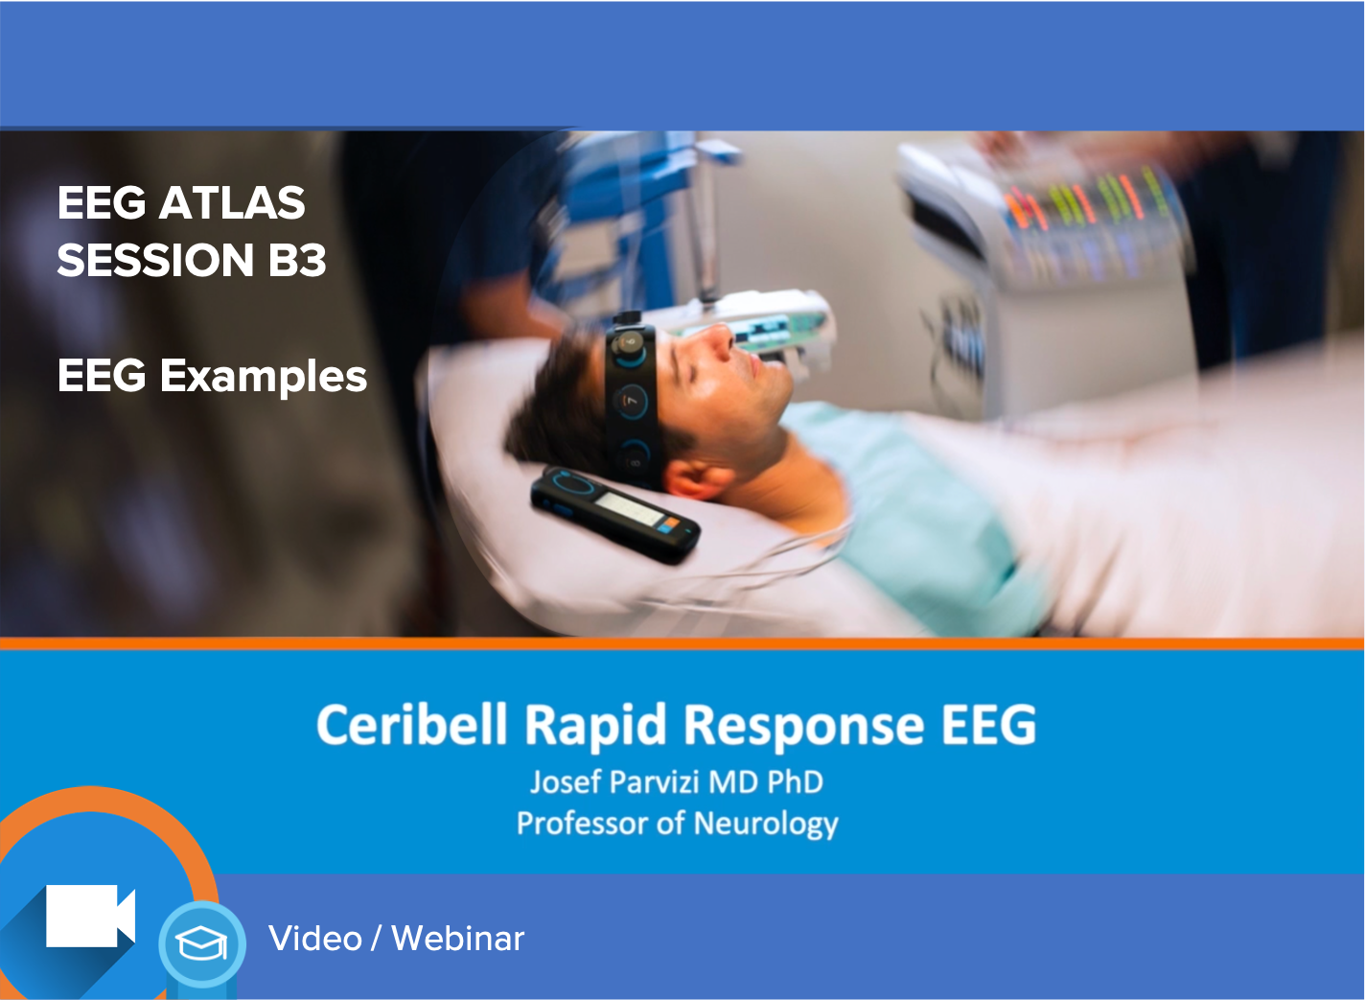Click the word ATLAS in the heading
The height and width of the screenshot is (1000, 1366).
click(x=232, y=202)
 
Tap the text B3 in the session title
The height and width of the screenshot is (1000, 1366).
click(x=297, y=260)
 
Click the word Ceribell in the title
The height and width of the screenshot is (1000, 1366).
click(x=411, y=725)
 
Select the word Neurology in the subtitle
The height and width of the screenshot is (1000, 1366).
click(x=766, y=825)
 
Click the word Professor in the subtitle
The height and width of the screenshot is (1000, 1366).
click(x=583, y=824)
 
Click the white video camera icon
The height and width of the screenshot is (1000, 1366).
click(x=90, y=916)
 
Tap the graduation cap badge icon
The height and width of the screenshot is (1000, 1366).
click(x=202, y=942)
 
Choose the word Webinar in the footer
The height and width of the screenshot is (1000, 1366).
click(x=458, y=938)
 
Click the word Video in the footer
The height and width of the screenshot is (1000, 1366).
click(x=315, y=938)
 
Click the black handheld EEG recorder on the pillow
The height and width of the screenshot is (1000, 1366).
click(x=615, y=515)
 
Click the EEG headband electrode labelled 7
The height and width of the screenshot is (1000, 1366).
click(x=630, y=402)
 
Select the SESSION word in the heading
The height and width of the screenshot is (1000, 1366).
click(x=155, y=260)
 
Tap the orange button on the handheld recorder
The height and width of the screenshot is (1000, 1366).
click(x=670, y=523)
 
